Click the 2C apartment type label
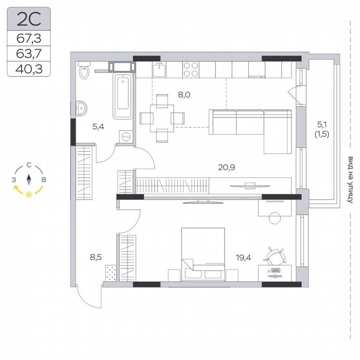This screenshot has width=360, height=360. (x=28, y=19)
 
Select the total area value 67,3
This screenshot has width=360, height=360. (x=28, y=38)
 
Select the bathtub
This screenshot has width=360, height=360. (x=122, y=96)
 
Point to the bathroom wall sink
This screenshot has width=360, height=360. (x=82, y=108)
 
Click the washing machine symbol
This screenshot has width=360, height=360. (x=125, y=136)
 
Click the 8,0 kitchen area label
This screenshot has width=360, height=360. (x=184, y=95)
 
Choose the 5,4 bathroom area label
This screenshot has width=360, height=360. (x=98, y=126)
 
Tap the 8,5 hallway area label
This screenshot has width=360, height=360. (x=95, y=257)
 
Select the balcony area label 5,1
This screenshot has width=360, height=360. (x=322, y=124)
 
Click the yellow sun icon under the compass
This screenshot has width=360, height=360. (x=29, y=195)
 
